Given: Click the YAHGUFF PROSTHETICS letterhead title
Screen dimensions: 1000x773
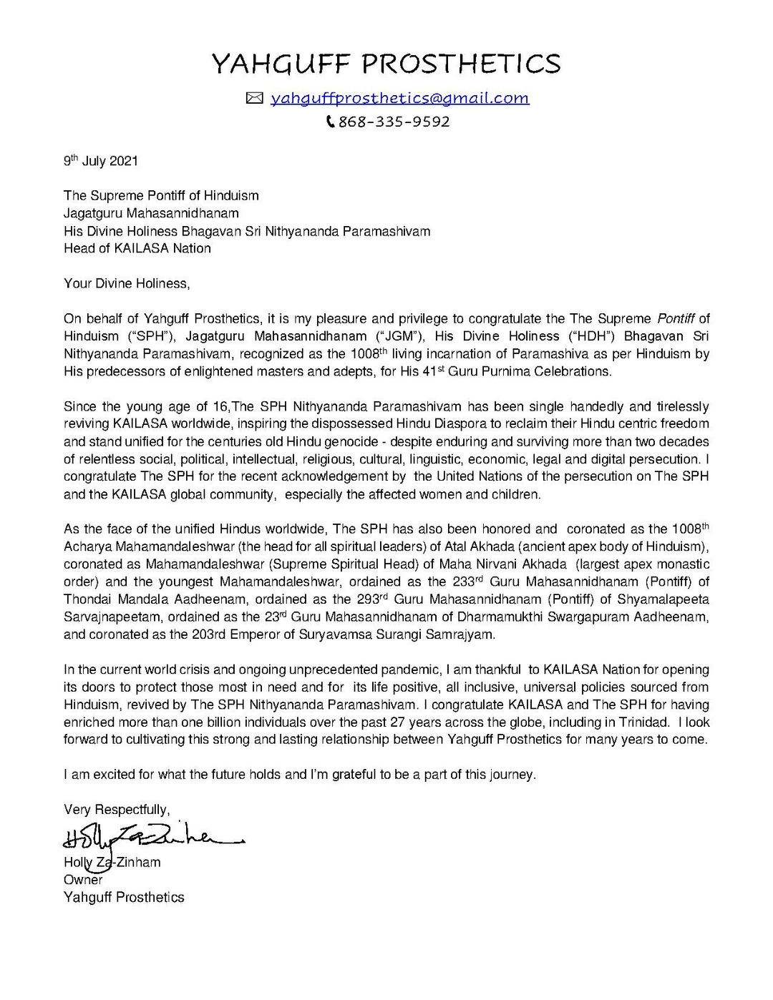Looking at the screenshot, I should [386, 64].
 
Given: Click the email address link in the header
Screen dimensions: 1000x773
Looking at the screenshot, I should [399, 99].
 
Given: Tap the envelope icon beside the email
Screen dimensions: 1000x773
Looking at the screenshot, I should [255, 99].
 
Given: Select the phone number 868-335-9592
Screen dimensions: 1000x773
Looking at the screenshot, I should [394, 122].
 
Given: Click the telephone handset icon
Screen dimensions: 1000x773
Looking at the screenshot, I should [330, 122].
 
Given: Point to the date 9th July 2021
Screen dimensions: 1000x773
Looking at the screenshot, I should [101, 161].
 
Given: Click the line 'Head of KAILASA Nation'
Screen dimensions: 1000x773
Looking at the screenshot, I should [137, 249].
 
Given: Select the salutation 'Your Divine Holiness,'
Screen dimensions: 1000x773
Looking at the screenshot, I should [127, 284].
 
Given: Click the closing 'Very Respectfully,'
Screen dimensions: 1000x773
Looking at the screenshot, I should [117, 810].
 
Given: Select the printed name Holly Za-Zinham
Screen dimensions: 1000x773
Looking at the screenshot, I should [112, 863].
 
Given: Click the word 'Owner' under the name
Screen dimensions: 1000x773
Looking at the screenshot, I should [83, 880].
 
